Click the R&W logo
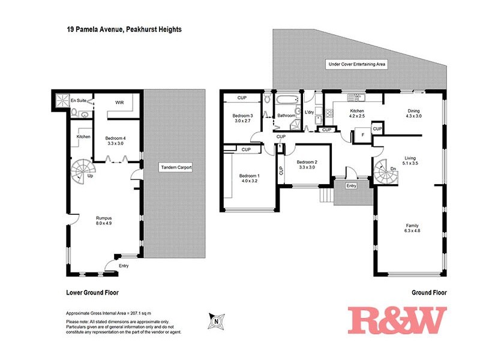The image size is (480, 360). point(397,320)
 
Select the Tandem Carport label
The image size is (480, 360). point(176,167)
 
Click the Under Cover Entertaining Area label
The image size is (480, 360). point(356,64)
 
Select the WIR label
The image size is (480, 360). point(119,102)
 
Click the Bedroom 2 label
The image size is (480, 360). point(306,164)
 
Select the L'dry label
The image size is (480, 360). point(310,113)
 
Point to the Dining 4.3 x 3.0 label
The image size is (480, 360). point(414,114)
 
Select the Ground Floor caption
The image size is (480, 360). point(430,293)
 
